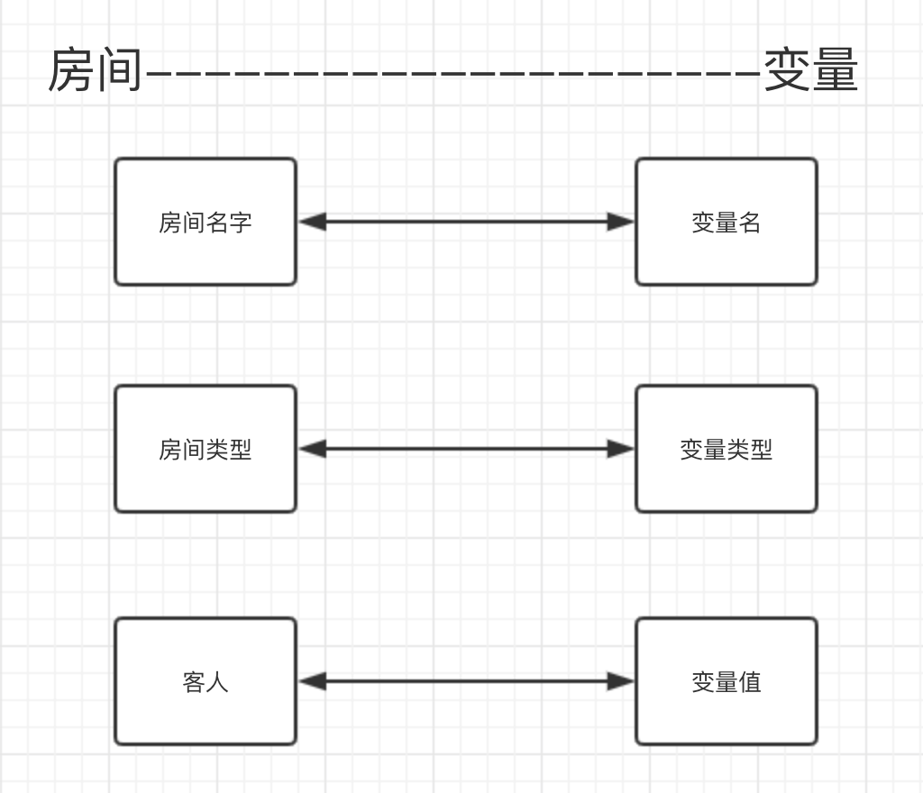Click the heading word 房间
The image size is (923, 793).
coord(96,71)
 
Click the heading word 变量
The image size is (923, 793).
coord(810,71)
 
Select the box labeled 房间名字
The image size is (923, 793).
coord(206,222)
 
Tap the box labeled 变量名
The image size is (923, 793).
coord(726,222)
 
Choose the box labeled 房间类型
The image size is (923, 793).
coord(206,449)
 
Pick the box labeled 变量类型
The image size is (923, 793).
coord(726,449)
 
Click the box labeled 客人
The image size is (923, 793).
coord(206,681)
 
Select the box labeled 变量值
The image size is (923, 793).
coord(726,681)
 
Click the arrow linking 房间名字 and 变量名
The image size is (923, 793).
coord(466,222)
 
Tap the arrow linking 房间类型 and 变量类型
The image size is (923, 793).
coord(466,449)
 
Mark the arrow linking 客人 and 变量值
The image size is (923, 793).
coord(466,681)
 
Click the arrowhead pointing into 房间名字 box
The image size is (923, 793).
coord(311,222)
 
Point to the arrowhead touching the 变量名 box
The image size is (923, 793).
coord(621,222)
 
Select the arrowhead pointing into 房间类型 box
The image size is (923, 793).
coord(311,449)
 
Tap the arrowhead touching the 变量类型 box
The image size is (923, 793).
coord(621,449)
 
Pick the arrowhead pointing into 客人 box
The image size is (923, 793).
coord(311,681)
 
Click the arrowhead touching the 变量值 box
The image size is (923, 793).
coord(621,681)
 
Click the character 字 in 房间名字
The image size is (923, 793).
coord(241,223)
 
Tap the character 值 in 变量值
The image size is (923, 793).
coord(750,682)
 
